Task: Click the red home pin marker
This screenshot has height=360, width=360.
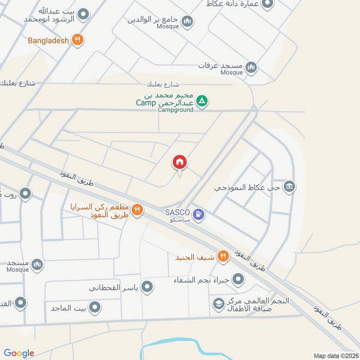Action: point(180,162)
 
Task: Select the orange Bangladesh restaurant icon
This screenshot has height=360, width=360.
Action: point(77,40)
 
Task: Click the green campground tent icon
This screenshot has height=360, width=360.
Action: point(202,101)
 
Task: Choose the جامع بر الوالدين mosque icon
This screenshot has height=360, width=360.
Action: point(187,21)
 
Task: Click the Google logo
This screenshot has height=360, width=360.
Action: point(19,353)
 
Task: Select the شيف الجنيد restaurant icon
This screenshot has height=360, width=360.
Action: point(222,257)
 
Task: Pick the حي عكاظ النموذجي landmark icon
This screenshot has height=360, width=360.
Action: point(289,186)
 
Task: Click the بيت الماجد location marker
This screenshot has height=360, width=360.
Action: point(94,308)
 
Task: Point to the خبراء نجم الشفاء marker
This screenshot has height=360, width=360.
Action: point(238,280)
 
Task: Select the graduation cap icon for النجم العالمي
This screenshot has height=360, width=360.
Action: point(218,304)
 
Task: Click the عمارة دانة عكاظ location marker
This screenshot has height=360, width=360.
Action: point(268,4)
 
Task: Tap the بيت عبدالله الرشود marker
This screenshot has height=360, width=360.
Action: point(82,15)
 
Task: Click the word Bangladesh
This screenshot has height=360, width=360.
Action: point(48,40)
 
